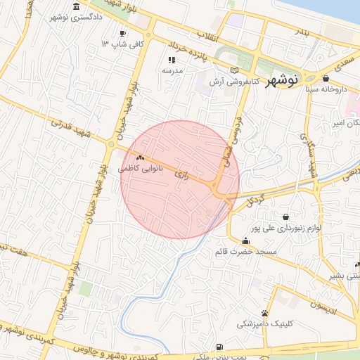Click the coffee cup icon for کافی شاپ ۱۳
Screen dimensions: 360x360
coord(122,33)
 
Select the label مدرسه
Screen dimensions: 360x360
coord(172,71)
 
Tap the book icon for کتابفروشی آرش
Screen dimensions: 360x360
coord(235,70)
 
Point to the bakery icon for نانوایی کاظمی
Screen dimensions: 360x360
coord(141,159)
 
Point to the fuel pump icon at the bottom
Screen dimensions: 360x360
coord(220,346)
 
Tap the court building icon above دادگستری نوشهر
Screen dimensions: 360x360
coord(76,6)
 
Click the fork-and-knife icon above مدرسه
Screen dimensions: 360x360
coord(172,60)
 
